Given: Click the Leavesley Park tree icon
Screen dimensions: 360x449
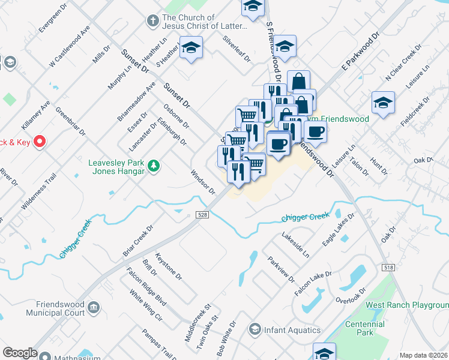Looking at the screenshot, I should pyautogui.click(x=154, y=166).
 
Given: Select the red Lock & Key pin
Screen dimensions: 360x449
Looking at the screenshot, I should pyautogui.click(x=40, y=142).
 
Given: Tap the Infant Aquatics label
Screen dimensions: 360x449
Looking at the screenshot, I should pyautogui.click(x=292, y=330).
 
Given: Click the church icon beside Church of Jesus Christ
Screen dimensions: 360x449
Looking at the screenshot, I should pyautogui.click(x=153, y=21).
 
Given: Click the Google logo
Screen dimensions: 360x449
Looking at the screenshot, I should pyautogui.click(x=20, y=353).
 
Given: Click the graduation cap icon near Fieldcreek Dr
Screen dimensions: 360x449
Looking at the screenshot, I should pyautogui.click(x=383, y=103).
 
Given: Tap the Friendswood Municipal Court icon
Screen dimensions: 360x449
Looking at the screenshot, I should pyautogui.click(x=94, y=308).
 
